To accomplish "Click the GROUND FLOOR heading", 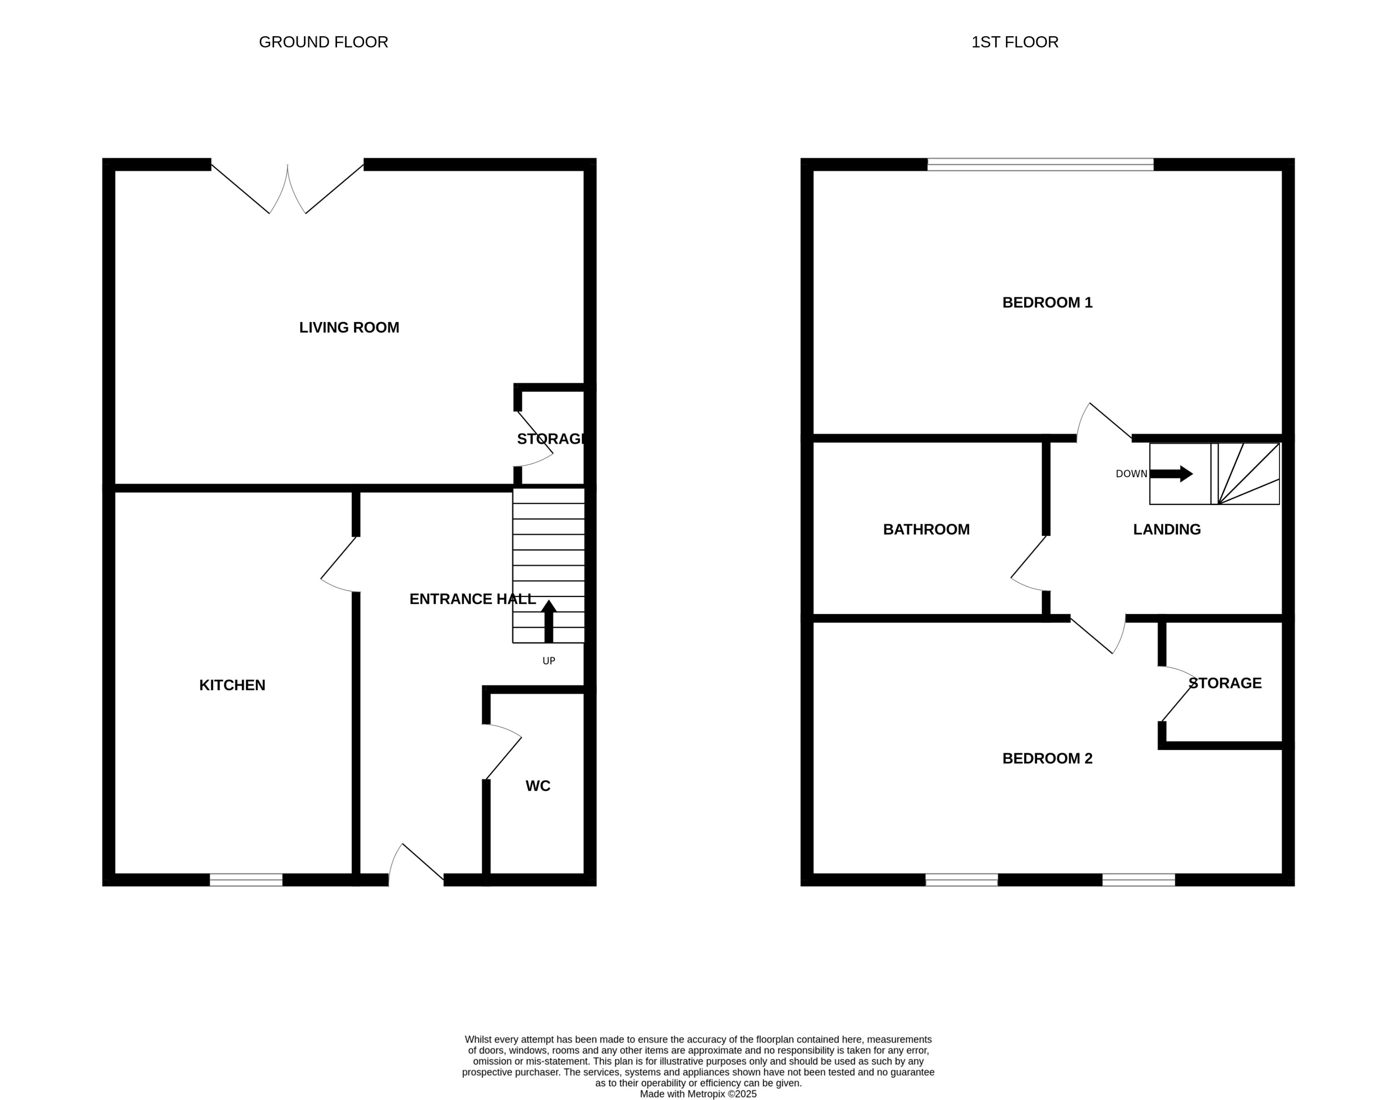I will point(323,42).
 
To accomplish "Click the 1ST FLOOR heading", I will point(1015,42).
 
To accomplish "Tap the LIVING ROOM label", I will point(349,328).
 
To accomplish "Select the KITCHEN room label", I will point(232,685).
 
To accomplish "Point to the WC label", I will point(538,786).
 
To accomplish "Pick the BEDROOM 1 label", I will point(1047,302).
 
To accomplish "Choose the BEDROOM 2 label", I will point(1047,759).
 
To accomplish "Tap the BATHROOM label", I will point(926,529).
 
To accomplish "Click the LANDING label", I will point(1166,529).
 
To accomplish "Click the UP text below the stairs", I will point(549,661).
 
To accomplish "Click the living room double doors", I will point(287,188).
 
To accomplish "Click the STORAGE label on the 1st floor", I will point(1225,683).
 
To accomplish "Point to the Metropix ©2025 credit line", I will point(698,1093).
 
